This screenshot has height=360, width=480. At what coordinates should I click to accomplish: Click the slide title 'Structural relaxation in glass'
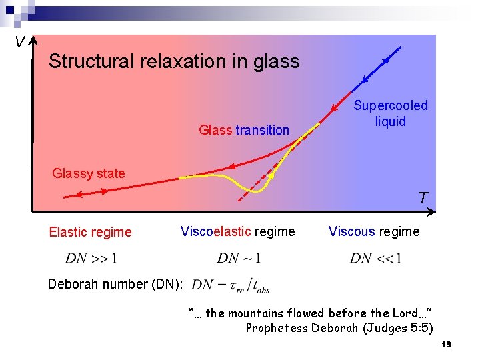[x=174, y=62]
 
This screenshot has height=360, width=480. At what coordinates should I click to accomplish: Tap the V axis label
[x=20, y=43]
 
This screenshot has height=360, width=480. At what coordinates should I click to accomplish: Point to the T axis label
[x=423, y=198]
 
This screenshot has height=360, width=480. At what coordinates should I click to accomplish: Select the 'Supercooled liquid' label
[x=391, y=113]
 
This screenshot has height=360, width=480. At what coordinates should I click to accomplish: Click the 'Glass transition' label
[x=244, y=130]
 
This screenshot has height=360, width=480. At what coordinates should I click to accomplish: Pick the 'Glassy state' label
[x=89, y=173]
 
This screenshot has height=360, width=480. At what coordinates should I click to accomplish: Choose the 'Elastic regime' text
[x=90, y=232]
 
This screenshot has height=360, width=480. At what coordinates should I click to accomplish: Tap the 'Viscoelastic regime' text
[x=237, y=231]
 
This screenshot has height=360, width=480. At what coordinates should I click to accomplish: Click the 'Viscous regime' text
[x=373, y=231]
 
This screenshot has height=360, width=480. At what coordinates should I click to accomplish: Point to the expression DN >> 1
[x=91, y=258]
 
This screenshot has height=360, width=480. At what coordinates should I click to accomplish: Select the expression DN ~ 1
[x=238, y=258]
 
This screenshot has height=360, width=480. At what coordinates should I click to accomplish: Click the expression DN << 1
[x=375, y=258]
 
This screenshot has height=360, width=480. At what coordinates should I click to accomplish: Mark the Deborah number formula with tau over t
[x=230, y=285]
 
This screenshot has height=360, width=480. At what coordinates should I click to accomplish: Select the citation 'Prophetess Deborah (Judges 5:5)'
[x=339, y=327]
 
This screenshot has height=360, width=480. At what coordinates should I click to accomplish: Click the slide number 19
[x=447, y=344]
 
